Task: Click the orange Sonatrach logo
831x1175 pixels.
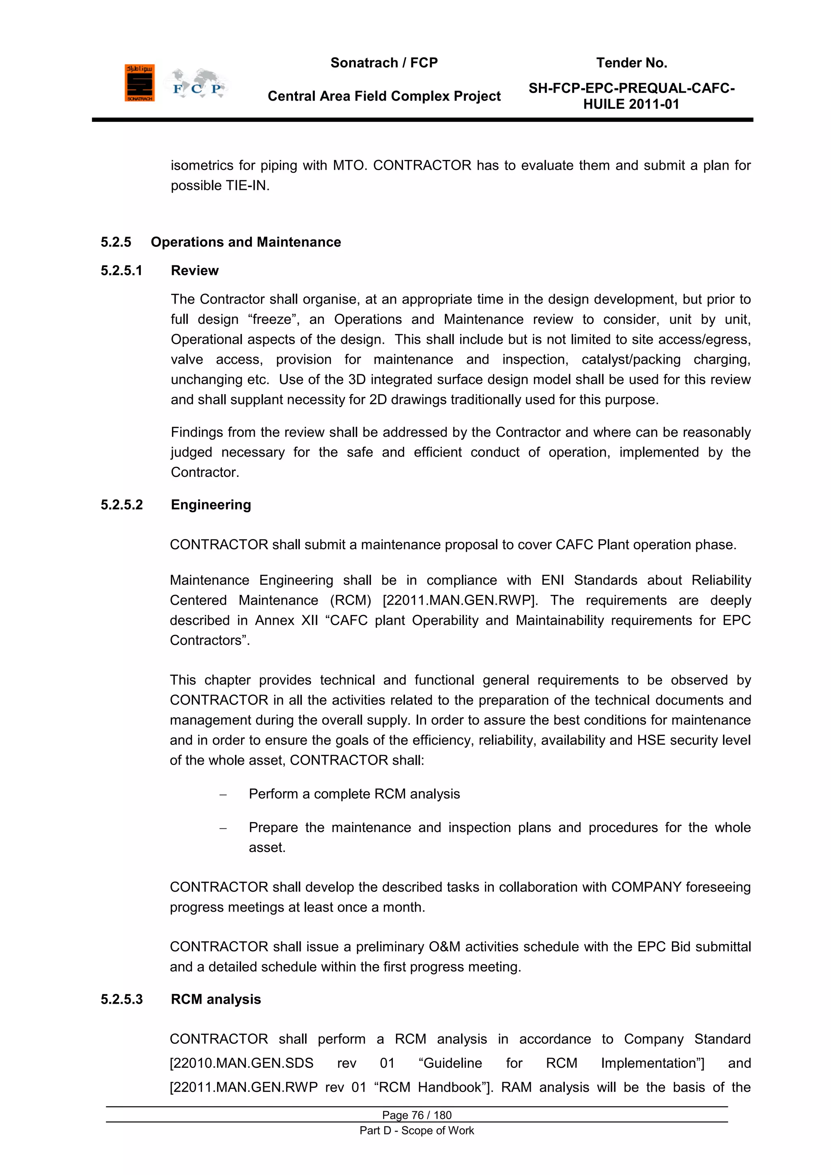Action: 139,83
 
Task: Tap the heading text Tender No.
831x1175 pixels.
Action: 631,63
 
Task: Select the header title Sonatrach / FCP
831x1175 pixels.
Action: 384,63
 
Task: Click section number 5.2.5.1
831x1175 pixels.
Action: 121,271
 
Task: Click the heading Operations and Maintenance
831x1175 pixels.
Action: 245,242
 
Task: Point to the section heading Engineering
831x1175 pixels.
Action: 211,505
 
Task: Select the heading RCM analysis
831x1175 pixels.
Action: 215,1000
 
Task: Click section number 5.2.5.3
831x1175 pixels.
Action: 121,1000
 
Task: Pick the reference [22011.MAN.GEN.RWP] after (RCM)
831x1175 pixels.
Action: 459,600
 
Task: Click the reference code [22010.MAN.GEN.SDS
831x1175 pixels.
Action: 241,1063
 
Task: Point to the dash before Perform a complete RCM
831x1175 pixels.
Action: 223,795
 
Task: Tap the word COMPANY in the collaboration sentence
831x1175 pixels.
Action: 646,887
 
